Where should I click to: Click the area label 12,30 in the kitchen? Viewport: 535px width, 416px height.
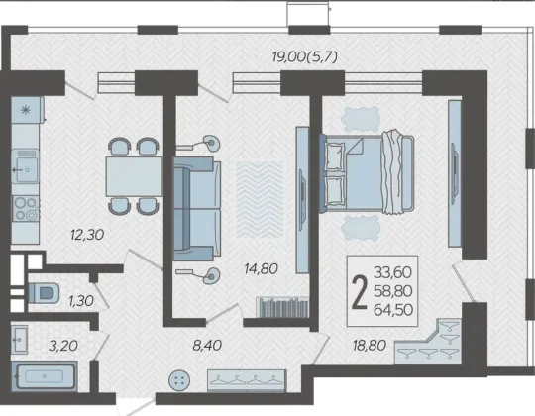pyautogui.click(x=87, y=235)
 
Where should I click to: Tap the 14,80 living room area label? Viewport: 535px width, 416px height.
pyautogui.click(x=262, y=269)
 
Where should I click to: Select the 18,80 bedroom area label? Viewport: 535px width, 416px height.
pyautogui.click(x=370, y=346)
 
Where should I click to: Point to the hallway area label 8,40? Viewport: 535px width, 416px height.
pyautogui.click(x=207, y=346)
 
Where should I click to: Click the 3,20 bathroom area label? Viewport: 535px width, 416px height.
pyautogui.click(x=63, y=346)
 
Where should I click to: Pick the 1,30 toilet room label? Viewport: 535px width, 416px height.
pyautogui.click(x=81, y=301)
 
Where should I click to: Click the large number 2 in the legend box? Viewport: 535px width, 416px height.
pyautogui.click(x=360, y=292)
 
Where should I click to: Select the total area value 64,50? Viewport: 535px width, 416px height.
pyautogui.click(x=393, y=310)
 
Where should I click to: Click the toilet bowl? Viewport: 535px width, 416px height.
pyautogui.click(x=44, y=292)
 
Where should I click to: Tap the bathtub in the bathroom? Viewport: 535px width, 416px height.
pyautogui.click(x=45, y=376)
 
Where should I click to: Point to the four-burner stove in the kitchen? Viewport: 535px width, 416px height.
pyautogui.click(x=26, y=208)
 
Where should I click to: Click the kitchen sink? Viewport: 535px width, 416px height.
pyautogui.click(x=25, y=166)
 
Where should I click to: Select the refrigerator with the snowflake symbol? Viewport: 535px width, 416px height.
pyautogui.click(x=27, y=110)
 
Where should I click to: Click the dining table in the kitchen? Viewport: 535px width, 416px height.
pyautogui.click(x=134, y=176)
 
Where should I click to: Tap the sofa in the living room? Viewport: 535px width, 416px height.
pyautogui.click(x=197, y=209)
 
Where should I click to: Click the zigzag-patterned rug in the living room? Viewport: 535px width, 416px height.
pyautogui.click(x=260, y=199)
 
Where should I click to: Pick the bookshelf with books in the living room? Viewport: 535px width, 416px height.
pyautogui.click(x=282, y=307)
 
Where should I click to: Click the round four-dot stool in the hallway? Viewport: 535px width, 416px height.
pyautogui.click(x=179, y=380)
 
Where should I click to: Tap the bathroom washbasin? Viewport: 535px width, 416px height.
pyautogui.click(x=19, y=340)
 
